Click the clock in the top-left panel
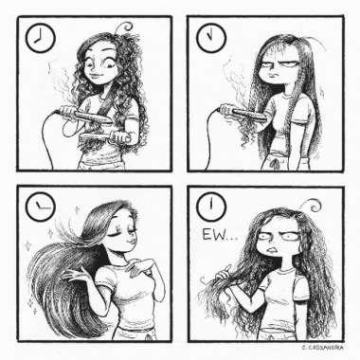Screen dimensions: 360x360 click(x=41, y=39)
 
